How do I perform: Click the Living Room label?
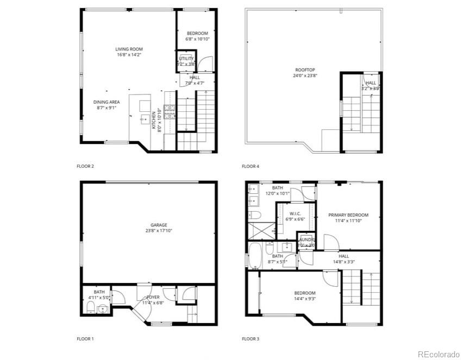pos(129,49)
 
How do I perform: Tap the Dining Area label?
pos(106,102)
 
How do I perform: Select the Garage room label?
pos(159,225)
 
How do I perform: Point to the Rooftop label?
pos(305,70)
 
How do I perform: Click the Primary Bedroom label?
pos(348,215)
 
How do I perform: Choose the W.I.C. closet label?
pos(296,213)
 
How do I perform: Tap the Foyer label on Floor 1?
pos(153,297)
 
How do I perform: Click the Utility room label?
pos(186,59)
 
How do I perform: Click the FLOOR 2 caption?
pos(85,166)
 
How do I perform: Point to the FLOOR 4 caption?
pos(251,166)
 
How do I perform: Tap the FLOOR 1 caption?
pos(85,339)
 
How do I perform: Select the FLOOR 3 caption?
pos(251,339)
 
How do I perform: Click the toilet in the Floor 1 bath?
pos(90,308)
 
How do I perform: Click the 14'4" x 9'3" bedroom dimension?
pos(305,298)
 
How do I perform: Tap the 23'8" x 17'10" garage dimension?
pos(159,231)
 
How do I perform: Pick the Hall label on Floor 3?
pos(343,256)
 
